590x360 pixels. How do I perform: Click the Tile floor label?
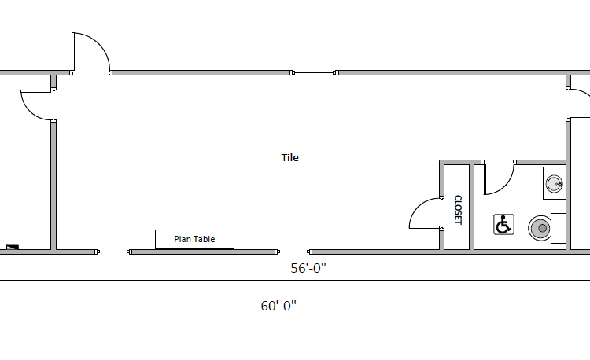(290, 158)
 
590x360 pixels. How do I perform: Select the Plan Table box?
(194, 239)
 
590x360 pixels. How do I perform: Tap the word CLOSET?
(458, 210)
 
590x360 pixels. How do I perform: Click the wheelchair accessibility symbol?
(503, 225)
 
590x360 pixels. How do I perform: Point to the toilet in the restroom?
(540, 229)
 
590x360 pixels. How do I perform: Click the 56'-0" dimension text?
(308, 268)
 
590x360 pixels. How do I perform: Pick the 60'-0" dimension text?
(278, 306)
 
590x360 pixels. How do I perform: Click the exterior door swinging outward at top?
(91, 52)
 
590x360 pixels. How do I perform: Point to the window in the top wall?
(315, 73)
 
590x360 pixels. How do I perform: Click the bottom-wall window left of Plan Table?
(113, 252)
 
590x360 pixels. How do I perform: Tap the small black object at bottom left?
(11, 248)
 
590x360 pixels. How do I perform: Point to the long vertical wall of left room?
(53, 186)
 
